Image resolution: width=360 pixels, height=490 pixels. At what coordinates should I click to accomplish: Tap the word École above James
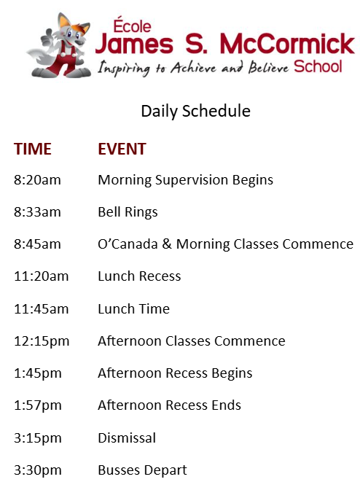pyautogui.click(x=133, y=26)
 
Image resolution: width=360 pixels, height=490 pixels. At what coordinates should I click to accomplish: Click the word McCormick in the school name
pyautogui.click(x=287, y=44)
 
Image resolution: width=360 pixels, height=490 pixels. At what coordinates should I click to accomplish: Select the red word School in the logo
pyautogui.click(x=318, y=66)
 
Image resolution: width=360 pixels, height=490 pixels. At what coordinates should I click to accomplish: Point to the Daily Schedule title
pyautogui.click(x=196, y=112)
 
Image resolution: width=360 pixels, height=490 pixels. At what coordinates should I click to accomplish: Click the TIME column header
pyautogui.click(x=33, y=149)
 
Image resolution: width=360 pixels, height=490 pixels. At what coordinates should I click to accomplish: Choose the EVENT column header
pyautogui.click(x=122, y=149)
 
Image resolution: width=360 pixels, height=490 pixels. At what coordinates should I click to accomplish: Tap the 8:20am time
pyautogui.click(x=37, y=180)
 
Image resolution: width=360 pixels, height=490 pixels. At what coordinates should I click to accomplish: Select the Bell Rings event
pyautogui.click(x=128, y=212)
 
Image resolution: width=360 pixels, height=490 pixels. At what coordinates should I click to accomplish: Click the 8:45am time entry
pyautogui.click(x=37, y=244)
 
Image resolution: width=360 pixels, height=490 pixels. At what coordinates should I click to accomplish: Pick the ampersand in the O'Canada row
pyautogui.click(x=167, y=244)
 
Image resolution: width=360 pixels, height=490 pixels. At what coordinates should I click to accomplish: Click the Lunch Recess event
pyautogui.click(x=139, y=276)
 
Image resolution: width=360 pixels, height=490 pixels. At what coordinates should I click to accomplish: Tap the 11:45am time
pyautogui.click(x=41, y=309)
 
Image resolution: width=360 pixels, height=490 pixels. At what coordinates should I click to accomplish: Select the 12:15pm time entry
pyautogui.click(x=42, y=341)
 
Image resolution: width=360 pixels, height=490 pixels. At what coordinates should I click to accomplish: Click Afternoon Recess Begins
pyautogui.click(x=175, y=374)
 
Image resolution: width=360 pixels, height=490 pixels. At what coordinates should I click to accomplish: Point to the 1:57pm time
pyautogui.click(x=37, y=406)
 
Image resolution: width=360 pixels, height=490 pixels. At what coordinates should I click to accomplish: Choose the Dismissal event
pyautogui.click(x=127, y=438)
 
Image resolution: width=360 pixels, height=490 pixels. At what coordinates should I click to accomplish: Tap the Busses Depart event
pyautogui.click(x=142, y=470)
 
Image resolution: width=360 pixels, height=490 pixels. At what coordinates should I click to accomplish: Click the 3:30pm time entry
pyautogui.click(x=37, y=470)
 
